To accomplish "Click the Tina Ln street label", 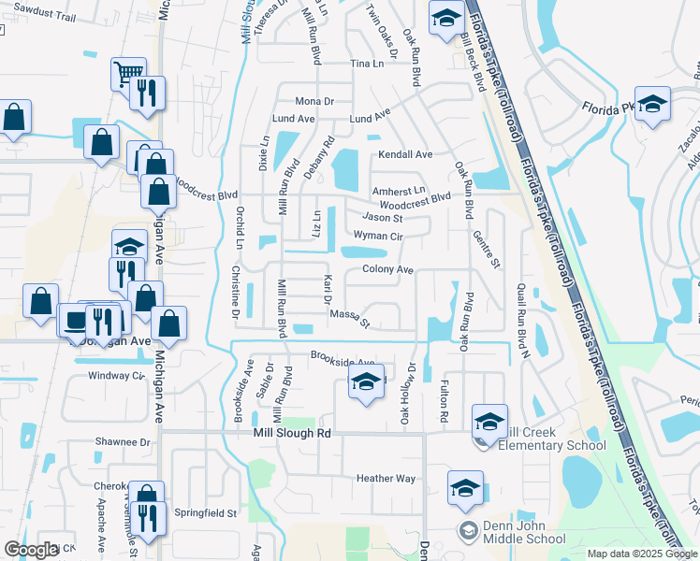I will pos(367,64).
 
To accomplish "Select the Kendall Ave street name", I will pos(405,154).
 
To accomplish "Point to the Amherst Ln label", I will pos(399,191).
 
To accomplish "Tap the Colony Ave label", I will pos(387,269).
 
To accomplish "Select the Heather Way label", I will pos(386,479).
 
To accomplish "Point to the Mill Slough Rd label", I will pos(292,434).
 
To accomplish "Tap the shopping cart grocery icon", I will pos(127,72).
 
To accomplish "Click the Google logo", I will pos(31,550).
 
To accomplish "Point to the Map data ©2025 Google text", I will pos(641,554).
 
